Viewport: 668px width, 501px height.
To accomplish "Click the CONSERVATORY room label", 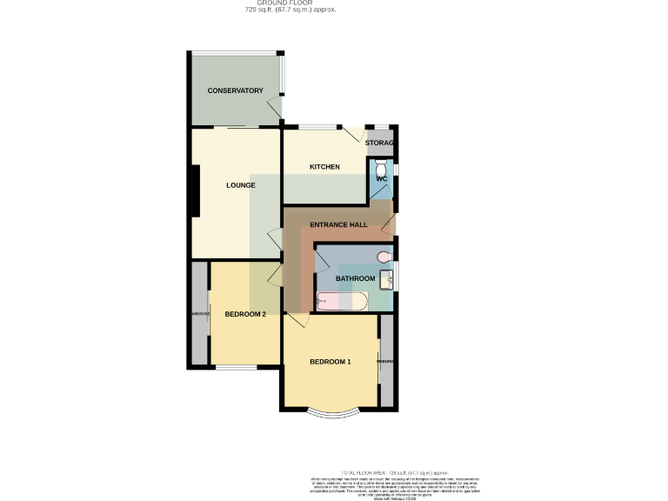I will (x=235, y=90).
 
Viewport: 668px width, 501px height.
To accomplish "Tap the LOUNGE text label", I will (x=240, y=185).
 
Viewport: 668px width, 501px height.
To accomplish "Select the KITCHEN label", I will (x=324, y=167).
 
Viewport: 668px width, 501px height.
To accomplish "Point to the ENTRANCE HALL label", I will (x=338, y=224).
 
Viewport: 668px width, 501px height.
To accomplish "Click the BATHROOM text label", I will (x=355, y=278).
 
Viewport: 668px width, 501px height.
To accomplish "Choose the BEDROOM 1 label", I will (x=331, y=362).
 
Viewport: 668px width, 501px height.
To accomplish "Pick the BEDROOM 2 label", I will (x=245, y=314).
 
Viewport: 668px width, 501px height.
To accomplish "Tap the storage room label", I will (x=379, y=143).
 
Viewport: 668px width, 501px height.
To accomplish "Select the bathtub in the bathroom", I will (x=342, y=302).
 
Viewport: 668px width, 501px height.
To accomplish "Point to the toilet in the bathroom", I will (x=384, y=257).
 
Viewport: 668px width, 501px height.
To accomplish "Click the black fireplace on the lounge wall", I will (x=195, y=191).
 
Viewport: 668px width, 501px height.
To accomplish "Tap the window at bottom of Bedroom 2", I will (x=236, y=368).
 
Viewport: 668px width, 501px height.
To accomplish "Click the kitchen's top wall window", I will (x=321, y=128).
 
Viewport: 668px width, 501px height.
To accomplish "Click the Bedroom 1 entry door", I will (x=297, y=321).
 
